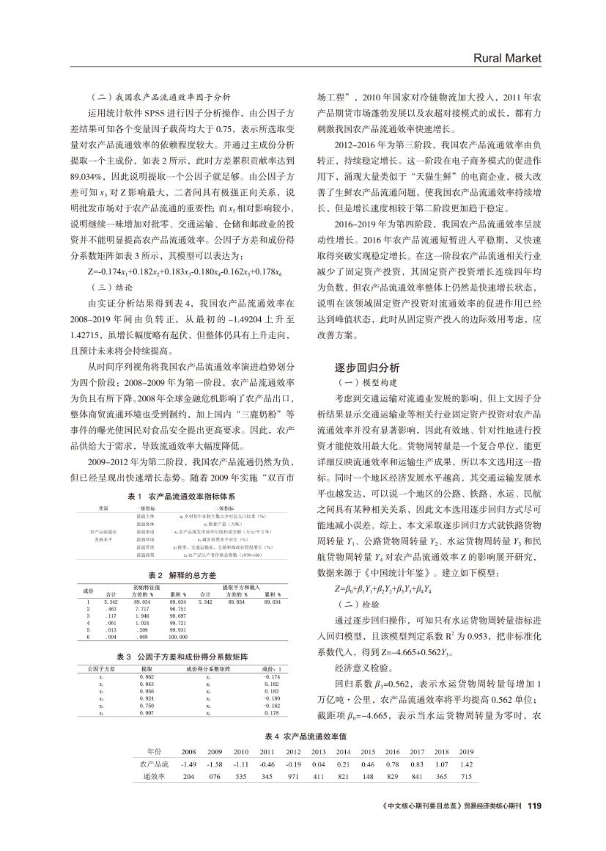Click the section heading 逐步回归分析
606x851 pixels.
coord(367,368)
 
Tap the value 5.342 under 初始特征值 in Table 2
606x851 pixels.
coord(112,601)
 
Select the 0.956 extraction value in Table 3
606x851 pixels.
coord(146,691)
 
